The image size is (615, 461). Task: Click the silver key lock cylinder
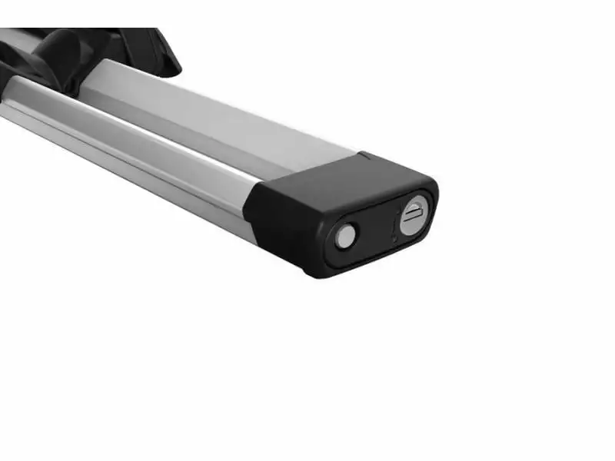pos(414,214)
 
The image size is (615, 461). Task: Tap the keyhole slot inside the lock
pos(413,214)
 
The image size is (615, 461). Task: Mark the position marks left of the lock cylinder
pos(395,227)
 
